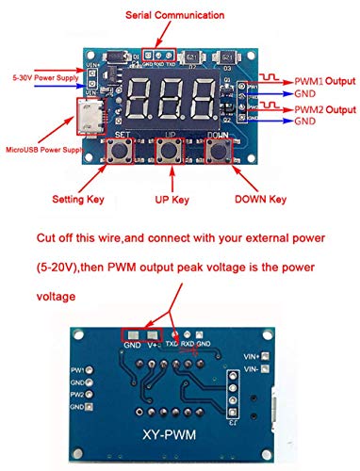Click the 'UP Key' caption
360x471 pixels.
click(x=171, y=200)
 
